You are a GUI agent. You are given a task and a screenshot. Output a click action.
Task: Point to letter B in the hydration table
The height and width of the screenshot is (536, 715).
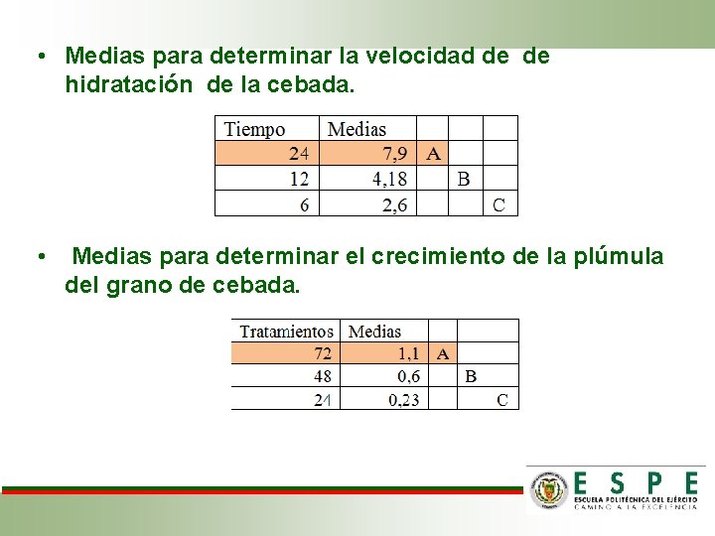click(x=464, y=180)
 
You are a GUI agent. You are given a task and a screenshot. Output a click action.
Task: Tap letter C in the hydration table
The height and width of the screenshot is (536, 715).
click(x=499, y=204)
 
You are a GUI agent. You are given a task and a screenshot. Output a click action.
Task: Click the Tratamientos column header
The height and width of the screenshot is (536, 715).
click(x=286, y=332)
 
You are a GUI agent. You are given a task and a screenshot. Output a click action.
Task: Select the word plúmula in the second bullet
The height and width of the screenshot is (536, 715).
click(x=619, y=257)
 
